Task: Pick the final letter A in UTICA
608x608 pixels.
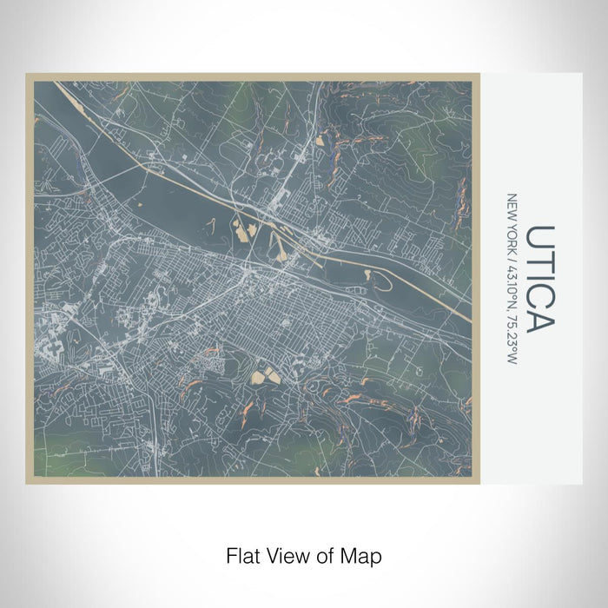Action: coord(540,320)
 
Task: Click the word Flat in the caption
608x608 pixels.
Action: coord(242,554)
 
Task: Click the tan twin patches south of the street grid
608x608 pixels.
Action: coord(264,376)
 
